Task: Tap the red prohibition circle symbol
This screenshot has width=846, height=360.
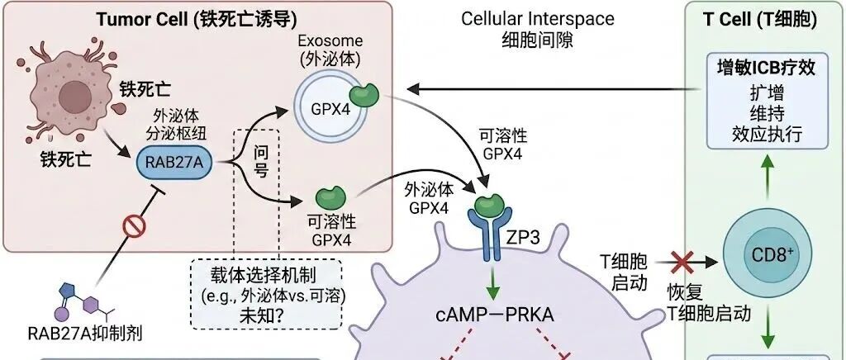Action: (134, 225)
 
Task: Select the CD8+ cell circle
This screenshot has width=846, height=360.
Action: (768, 254)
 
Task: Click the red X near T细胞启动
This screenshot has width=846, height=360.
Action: (682, 263)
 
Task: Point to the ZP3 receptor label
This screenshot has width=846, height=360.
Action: (523, 238)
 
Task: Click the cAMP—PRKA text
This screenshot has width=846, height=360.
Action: (494, 315)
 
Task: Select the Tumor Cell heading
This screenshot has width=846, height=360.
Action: (197, 20)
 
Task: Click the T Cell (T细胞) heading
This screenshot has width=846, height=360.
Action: (760, 19)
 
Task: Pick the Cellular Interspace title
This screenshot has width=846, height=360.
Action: (537, 19)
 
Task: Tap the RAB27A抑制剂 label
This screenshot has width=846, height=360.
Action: (85, 333)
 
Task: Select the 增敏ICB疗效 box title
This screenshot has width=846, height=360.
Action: (766, 68)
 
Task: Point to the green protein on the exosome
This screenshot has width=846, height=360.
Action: (364, 94)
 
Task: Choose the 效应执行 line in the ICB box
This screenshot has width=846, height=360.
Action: (767, 134)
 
